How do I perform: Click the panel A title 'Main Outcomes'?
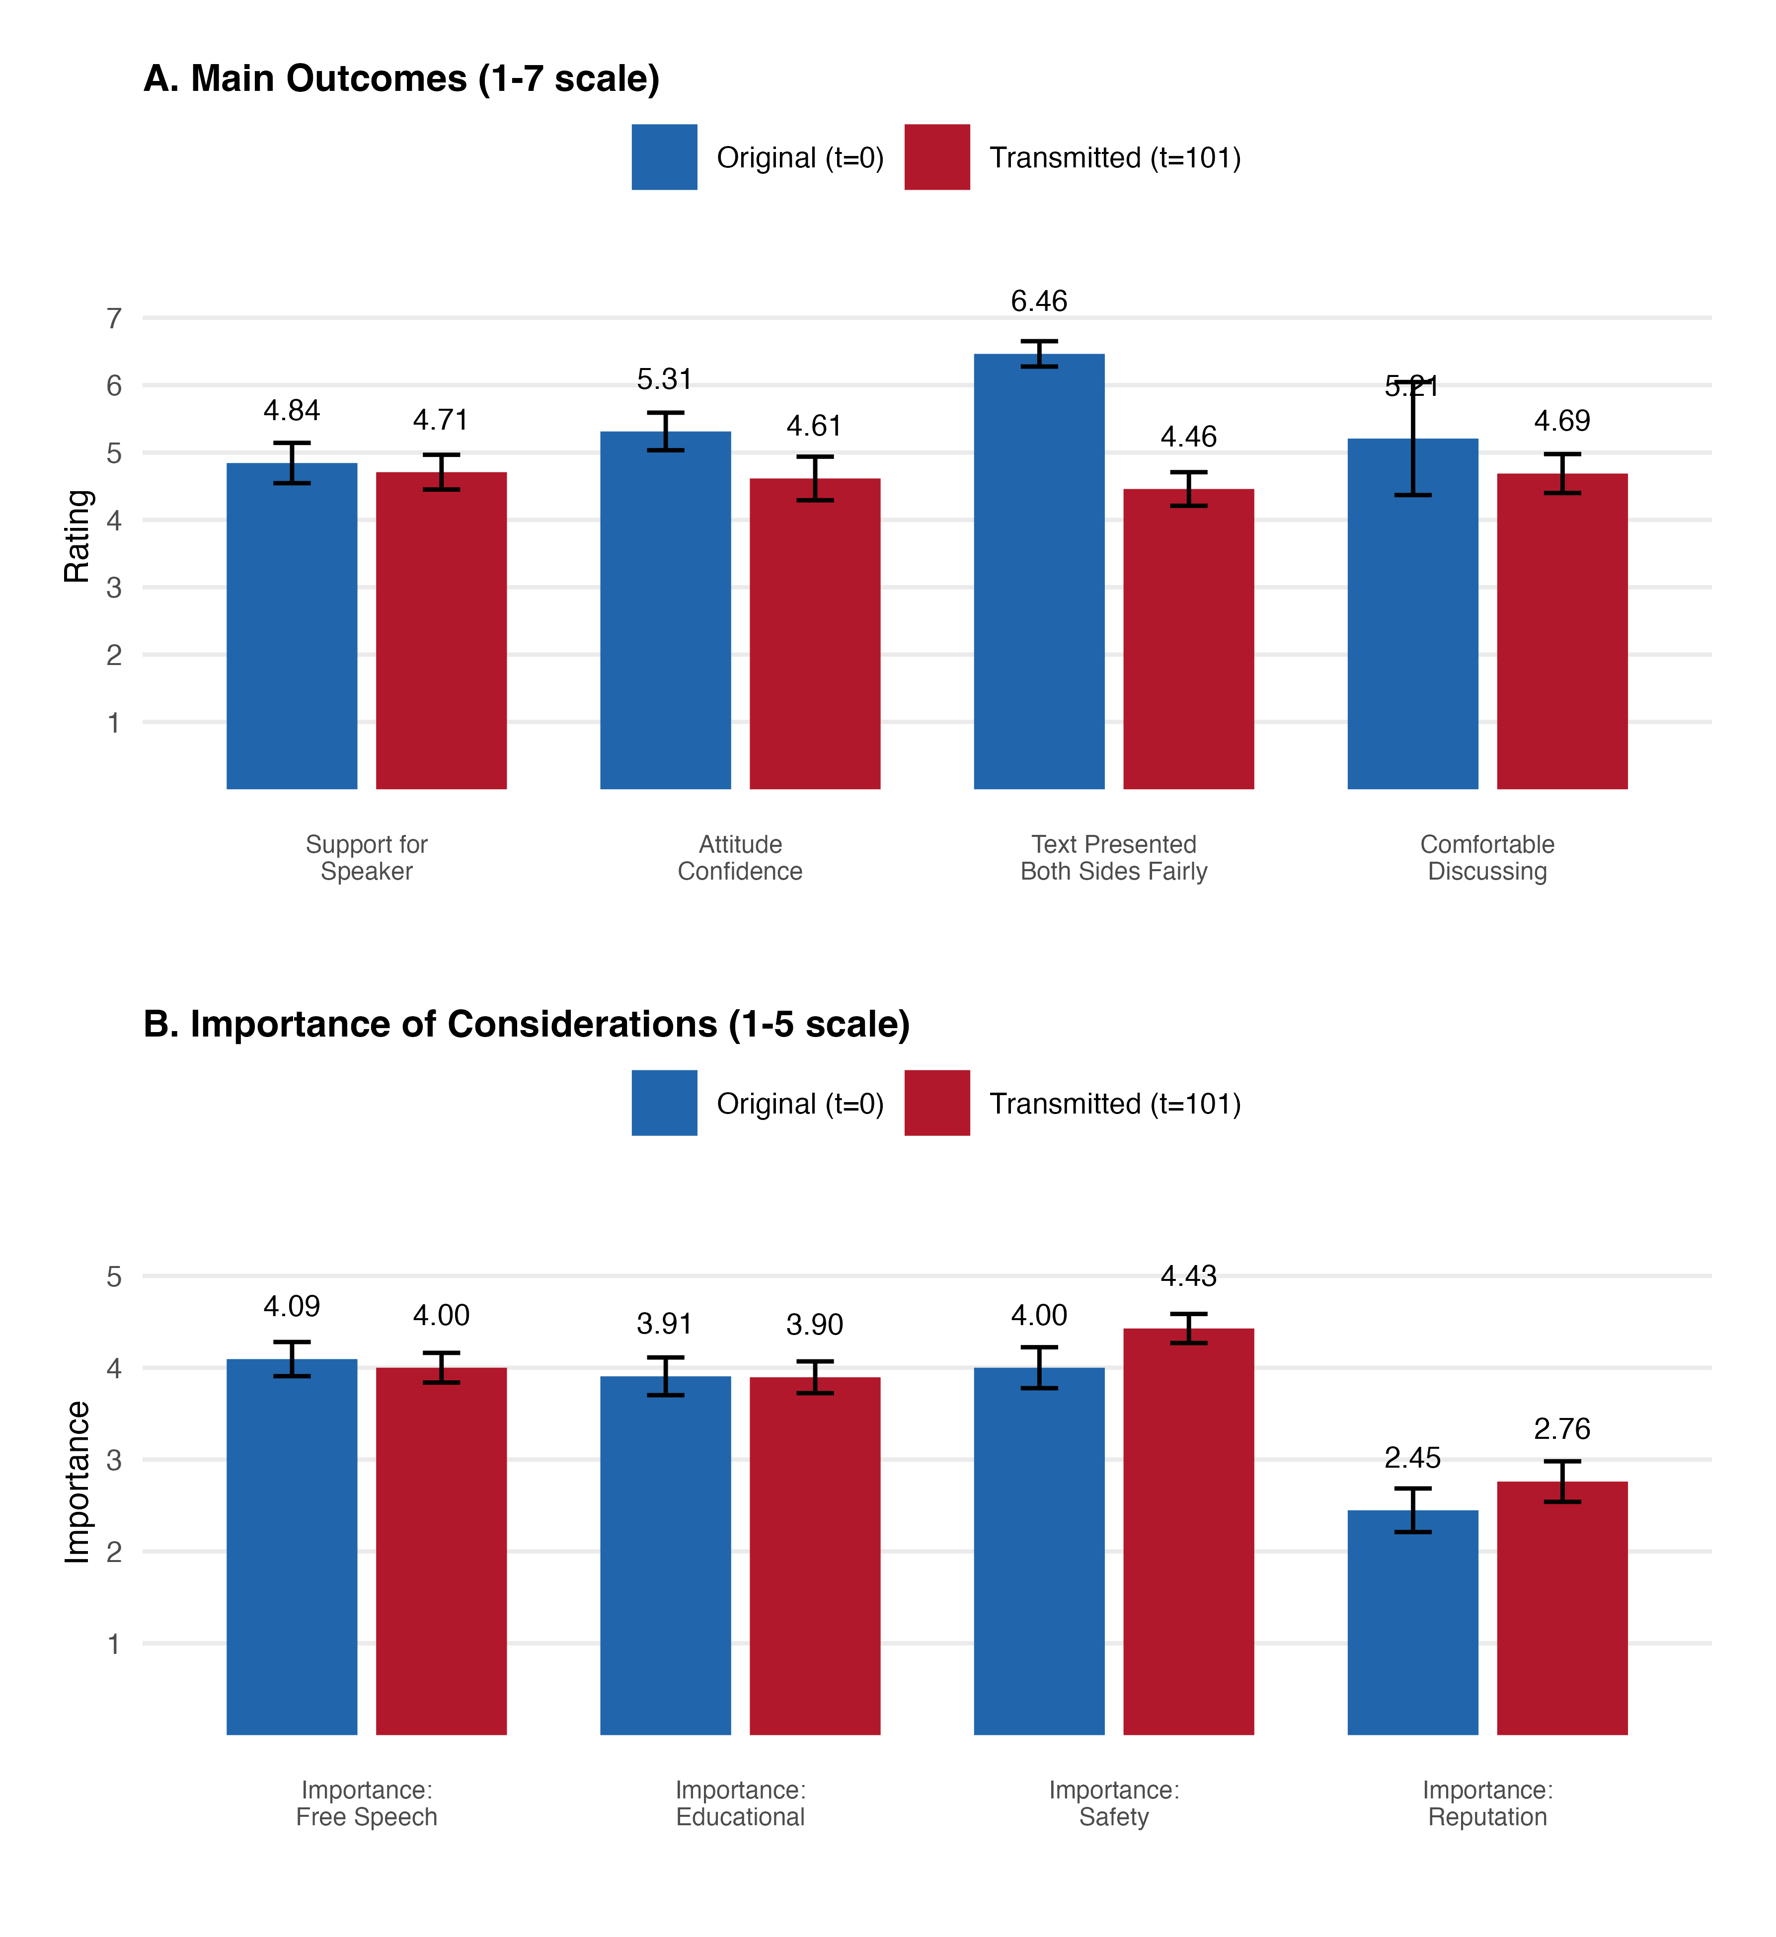tap(402, 79)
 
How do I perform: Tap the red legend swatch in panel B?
tap(937, 1103)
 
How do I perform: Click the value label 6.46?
tap(1039, 301)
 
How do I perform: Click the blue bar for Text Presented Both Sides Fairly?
tap(1039, 577)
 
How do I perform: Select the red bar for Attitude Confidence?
tap(815, 634)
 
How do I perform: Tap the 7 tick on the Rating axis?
tap(114, 318)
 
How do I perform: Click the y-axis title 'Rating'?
tap(77, 536)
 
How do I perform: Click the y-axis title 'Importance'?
tap(77, 1483)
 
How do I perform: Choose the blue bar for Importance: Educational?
tap(665, 1557)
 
